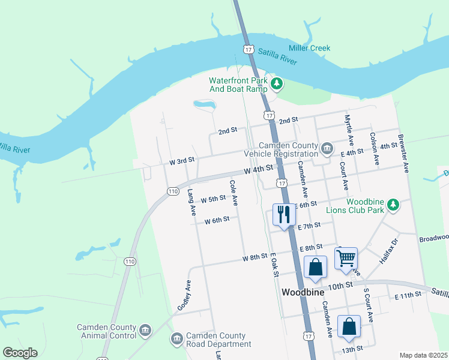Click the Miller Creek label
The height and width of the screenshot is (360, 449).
point(309,48)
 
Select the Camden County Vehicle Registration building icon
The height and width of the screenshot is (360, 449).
point(327,148)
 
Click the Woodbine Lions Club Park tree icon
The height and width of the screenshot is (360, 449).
point(393,205)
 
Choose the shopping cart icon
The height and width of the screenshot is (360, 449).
point(346,258)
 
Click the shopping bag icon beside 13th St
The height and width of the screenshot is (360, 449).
point(349,326)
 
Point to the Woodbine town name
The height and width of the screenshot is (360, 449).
point(303,292)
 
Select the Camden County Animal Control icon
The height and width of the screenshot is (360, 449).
point(145,330)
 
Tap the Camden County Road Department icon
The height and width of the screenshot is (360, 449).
point(176,340)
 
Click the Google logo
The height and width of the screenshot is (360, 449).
point(20,353)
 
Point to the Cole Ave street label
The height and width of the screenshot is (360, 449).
point(234,192)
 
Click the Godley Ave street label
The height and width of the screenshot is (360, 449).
point(184,295)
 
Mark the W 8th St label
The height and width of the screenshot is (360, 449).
point(255,257)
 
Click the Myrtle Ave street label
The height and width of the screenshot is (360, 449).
point(348,128)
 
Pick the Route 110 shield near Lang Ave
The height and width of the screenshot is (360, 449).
point(173,191)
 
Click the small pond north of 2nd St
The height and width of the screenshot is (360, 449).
point(204,105)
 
